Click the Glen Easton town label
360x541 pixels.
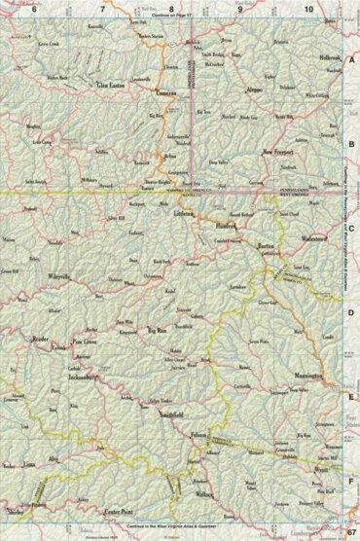(111, 85)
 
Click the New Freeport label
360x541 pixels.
(279, 152)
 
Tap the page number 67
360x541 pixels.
(349, 532)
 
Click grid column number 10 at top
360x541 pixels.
(307, 9)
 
